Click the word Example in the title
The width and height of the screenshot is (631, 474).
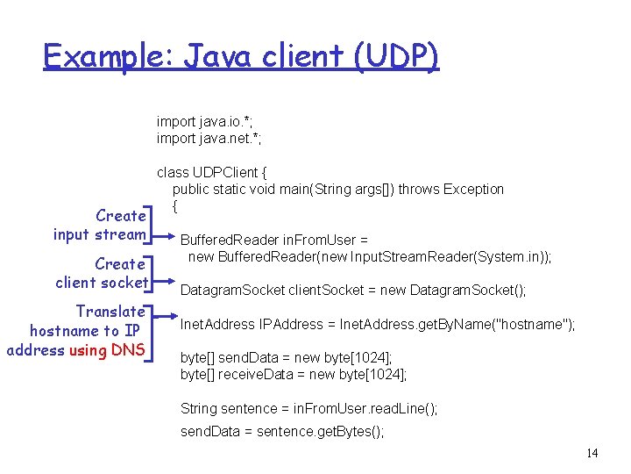[x=99, y=57]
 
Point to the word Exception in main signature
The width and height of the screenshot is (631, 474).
[x=473, y=189]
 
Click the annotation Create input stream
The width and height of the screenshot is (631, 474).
[x=99, y=225]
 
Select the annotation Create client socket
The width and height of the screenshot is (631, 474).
[x=101, y=273]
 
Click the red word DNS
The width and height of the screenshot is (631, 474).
[x=128, y=350]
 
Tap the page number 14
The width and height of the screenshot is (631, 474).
[x=592, y=453]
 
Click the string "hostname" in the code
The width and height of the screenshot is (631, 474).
[x=534, y=324]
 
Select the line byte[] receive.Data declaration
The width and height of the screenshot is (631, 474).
[x=294, y=375]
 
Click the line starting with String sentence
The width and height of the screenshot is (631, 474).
[x=308, y=408]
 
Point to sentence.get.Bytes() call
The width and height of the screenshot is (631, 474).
[x=320, y=431]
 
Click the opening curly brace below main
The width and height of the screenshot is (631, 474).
[x=176, y=206]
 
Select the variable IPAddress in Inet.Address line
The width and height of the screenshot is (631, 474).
[x=292, y=324]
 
